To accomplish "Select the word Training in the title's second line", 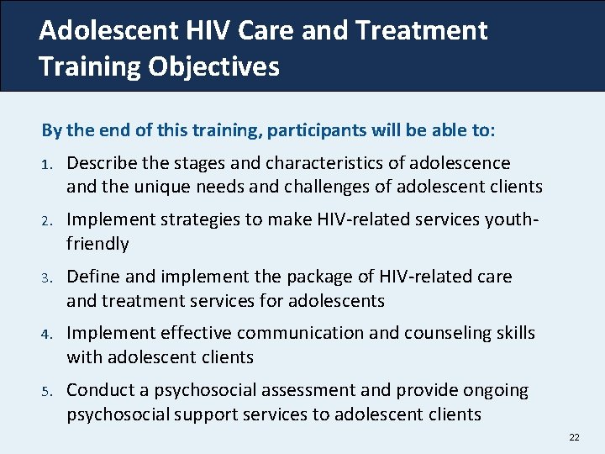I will [x=89, y=66].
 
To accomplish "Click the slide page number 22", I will [x=575, y=437].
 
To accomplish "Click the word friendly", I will [x=97, y=244].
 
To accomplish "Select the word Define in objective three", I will [x=92, y=277].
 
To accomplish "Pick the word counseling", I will [x=445, y=333].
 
